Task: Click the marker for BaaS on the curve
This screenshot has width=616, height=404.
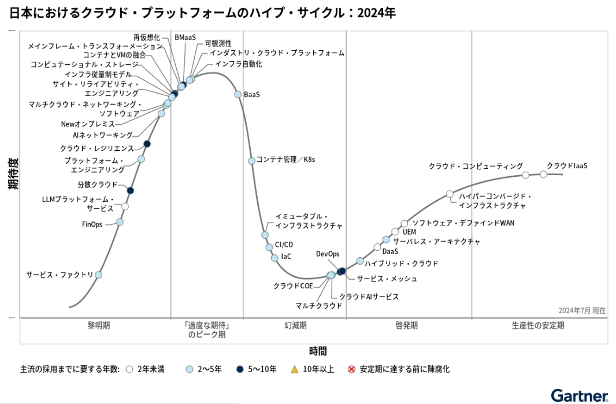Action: click(x=238, y=94)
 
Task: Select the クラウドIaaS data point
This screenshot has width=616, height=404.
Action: click(x=543, y=174)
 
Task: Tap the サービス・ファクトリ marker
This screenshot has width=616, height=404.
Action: click(x=98, y=275)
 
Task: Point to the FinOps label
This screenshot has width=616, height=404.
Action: click(x=92, y=224)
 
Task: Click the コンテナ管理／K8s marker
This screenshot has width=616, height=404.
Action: click(x=251, y=161)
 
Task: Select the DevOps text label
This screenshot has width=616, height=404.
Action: click(x=328, y=254)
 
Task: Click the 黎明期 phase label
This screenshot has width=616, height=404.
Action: click(x=99, y=325)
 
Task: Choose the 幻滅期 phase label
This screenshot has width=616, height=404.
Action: click(x=295, y=325)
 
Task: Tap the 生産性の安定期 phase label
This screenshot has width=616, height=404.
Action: click(x=538, y=325)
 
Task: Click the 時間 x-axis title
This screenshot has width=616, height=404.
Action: click(x=317, y=350)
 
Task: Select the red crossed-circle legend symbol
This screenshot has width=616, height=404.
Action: click(x=351, y=369)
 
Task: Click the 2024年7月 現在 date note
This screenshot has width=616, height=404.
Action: click(x=582, y=310)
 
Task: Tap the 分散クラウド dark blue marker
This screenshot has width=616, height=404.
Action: click(x=130, y=190)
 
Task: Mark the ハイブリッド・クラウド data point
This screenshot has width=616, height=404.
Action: click(x=360, y=261)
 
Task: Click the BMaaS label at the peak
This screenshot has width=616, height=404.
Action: click(x=185, y=38)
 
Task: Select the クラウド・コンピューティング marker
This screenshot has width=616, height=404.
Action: click(x=525, y=175)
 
